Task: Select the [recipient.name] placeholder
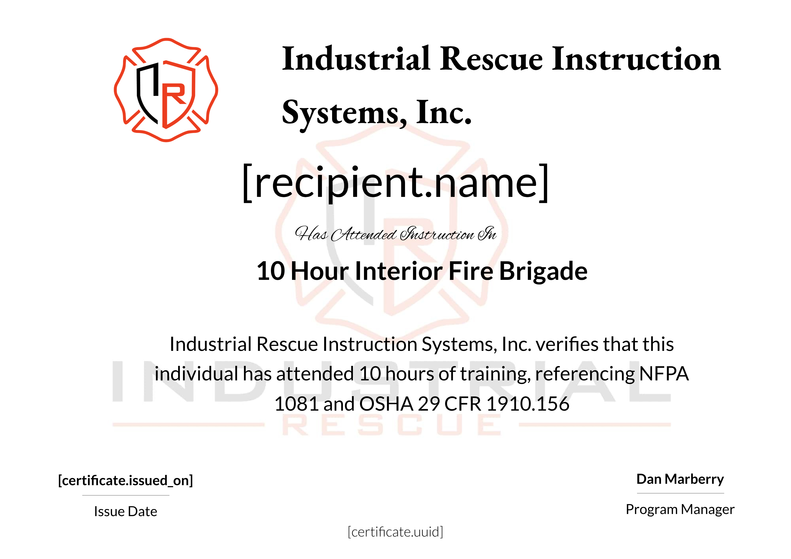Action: click(396, 183)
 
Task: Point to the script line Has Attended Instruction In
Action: click(396, 234)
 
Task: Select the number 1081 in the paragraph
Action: click(296, 404)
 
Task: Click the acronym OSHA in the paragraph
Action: click(386, 404)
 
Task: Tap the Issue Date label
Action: click(125, 511)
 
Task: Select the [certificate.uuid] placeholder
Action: click(396, 532)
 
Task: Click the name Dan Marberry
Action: click(680, 479)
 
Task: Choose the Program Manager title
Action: click(680, 509)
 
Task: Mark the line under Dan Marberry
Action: click(680, 493)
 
